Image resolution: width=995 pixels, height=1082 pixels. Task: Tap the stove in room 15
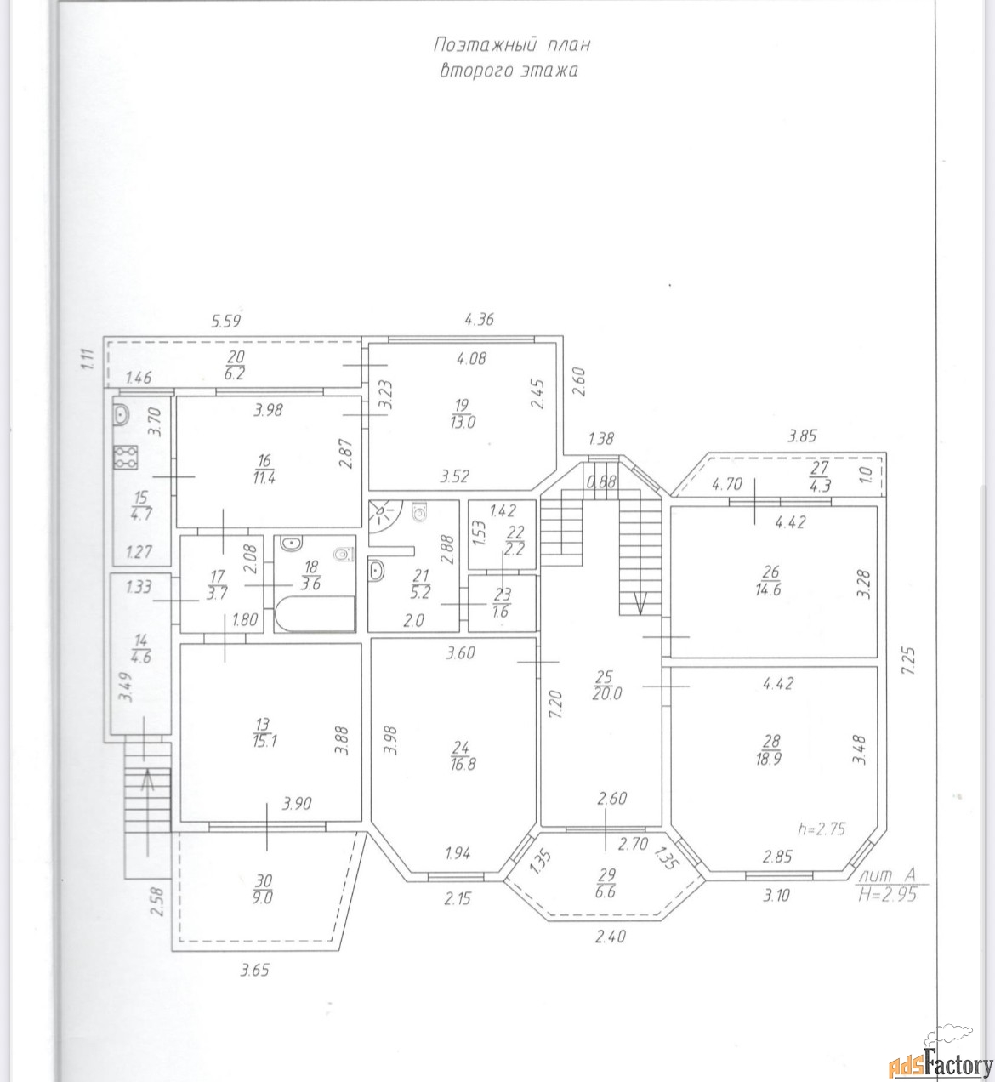(x=126, y=457)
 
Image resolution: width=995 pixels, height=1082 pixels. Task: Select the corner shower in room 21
(x=386, y=516)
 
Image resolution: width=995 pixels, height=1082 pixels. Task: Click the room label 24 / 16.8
(x=462, y=755)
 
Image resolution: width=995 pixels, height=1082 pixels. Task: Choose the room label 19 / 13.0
(x=462, y=413)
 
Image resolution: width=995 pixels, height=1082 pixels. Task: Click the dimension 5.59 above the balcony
(x=226, y=322)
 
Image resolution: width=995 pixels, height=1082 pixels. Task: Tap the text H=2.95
(x=888, y=896)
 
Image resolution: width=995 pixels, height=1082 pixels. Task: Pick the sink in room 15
(x=122, y=415)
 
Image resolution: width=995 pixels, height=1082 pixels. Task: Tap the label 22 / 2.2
(x=515, y=540)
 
